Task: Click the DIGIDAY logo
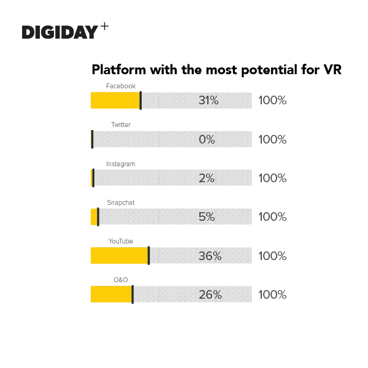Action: [59, 32]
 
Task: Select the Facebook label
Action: [121, 86]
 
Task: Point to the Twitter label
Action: [121, 125]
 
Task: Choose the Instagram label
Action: [121, 164]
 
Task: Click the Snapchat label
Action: [121, 202]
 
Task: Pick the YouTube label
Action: [121, 242]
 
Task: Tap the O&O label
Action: [121, 280]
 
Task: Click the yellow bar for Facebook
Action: [115, 101]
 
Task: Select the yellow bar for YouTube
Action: [119, 256]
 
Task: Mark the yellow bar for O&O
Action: [111, 294]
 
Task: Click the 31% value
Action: [209, 101]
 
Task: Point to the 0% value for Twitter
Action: [207, 140]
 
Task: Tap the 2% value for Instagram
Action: [207, 178]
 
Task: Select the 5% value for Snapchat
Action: [207, 217]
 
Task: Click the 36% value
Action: [210, 256]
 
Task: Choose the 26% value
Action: [210, 295]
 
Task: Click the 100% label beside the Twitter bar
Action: [272, 140]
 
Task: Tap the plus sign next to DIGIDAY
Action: [104, 27]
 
